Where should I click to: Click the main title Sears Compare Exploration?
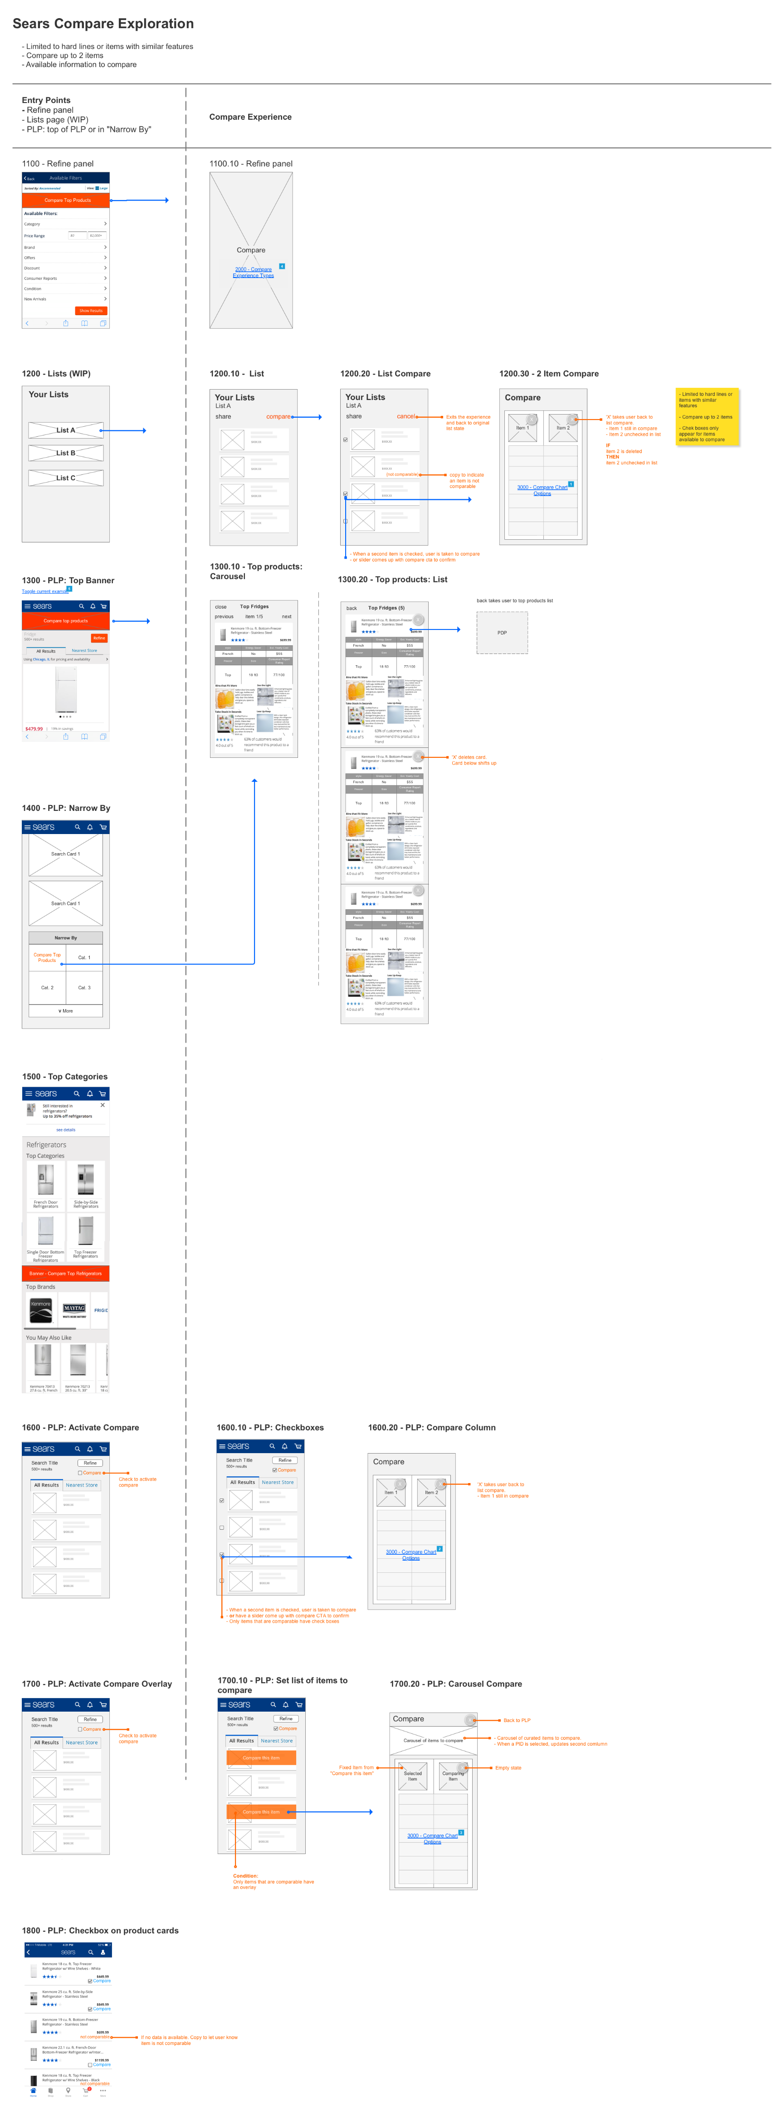coord(103,24)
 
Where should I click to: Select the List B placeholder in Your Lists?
coord(65,453)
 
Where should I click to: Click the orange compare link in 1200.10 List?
coord(278,416)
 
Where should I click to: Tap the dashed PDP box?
coord(502,633)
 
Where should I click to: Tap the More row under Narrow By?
coord(65,1010)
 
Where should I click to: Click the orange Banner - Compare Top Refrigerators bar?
coord(65,1274)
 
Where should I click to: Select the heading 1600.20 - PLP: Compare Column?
coord(431,1427)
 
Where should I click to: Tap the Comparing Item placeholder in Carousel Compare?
coord(453,1775)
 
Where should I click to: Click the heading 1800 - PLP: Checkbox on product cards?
coord(100,1930)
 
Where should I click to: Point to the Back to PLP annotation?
coord(517,1720)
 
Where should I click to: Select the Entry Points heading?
coord(46,100)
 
